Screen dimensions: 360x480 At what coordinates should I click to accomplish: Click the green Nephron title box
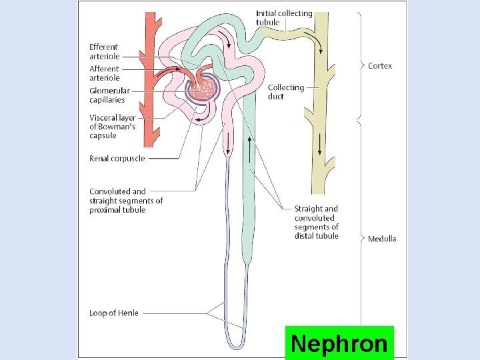339,343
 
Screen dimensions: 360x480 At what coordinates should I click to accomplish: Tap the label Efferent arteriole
104,51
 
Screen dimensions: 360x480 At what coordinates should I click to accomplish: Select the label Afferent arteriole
104,73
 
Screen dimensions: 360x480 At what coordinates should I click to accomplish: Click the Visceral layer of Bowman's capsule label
113,127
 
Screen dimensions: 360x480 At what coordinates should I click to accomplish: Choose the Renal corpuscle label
117,159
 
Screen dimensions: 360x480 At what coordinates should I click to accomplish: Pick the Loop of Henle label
114,313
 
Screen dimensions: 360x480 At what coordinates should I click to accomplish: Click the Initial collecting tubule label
284,18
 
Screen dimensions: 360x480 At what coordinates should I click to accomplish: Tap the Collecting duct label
285,92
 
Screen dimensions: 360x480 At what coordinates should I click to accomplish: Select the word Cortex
380,66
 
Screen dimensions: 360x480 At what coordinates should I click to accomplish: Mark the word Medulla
382,239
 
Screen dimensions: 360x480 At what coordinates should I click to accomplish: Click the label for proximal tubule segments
126,201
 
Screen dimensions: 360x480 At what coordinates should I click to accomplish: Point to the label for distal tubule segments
316,222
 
